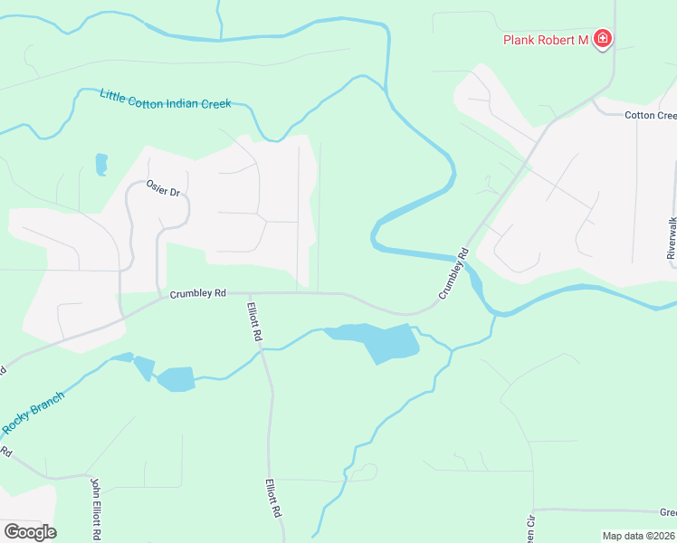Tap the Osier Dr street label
[x=163, y=191]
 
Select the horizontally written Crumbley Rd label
[x=197, y=293]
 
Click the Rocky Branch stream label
[x=33, y=413]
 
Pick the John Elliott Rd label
[x=93, y=509]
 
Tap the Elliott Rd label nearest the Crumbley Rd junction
[x=256, y=321]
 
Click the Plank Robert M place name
[x=546, y=39]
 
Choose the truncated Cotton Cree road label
[x=651, y=115]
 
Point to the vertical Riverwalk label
[x=671, y=237]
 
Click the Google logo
[x=29, y=532]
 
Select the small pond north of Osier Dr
[x=101, y=164]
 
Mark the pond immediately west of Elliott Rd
[x=176, y=378]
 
